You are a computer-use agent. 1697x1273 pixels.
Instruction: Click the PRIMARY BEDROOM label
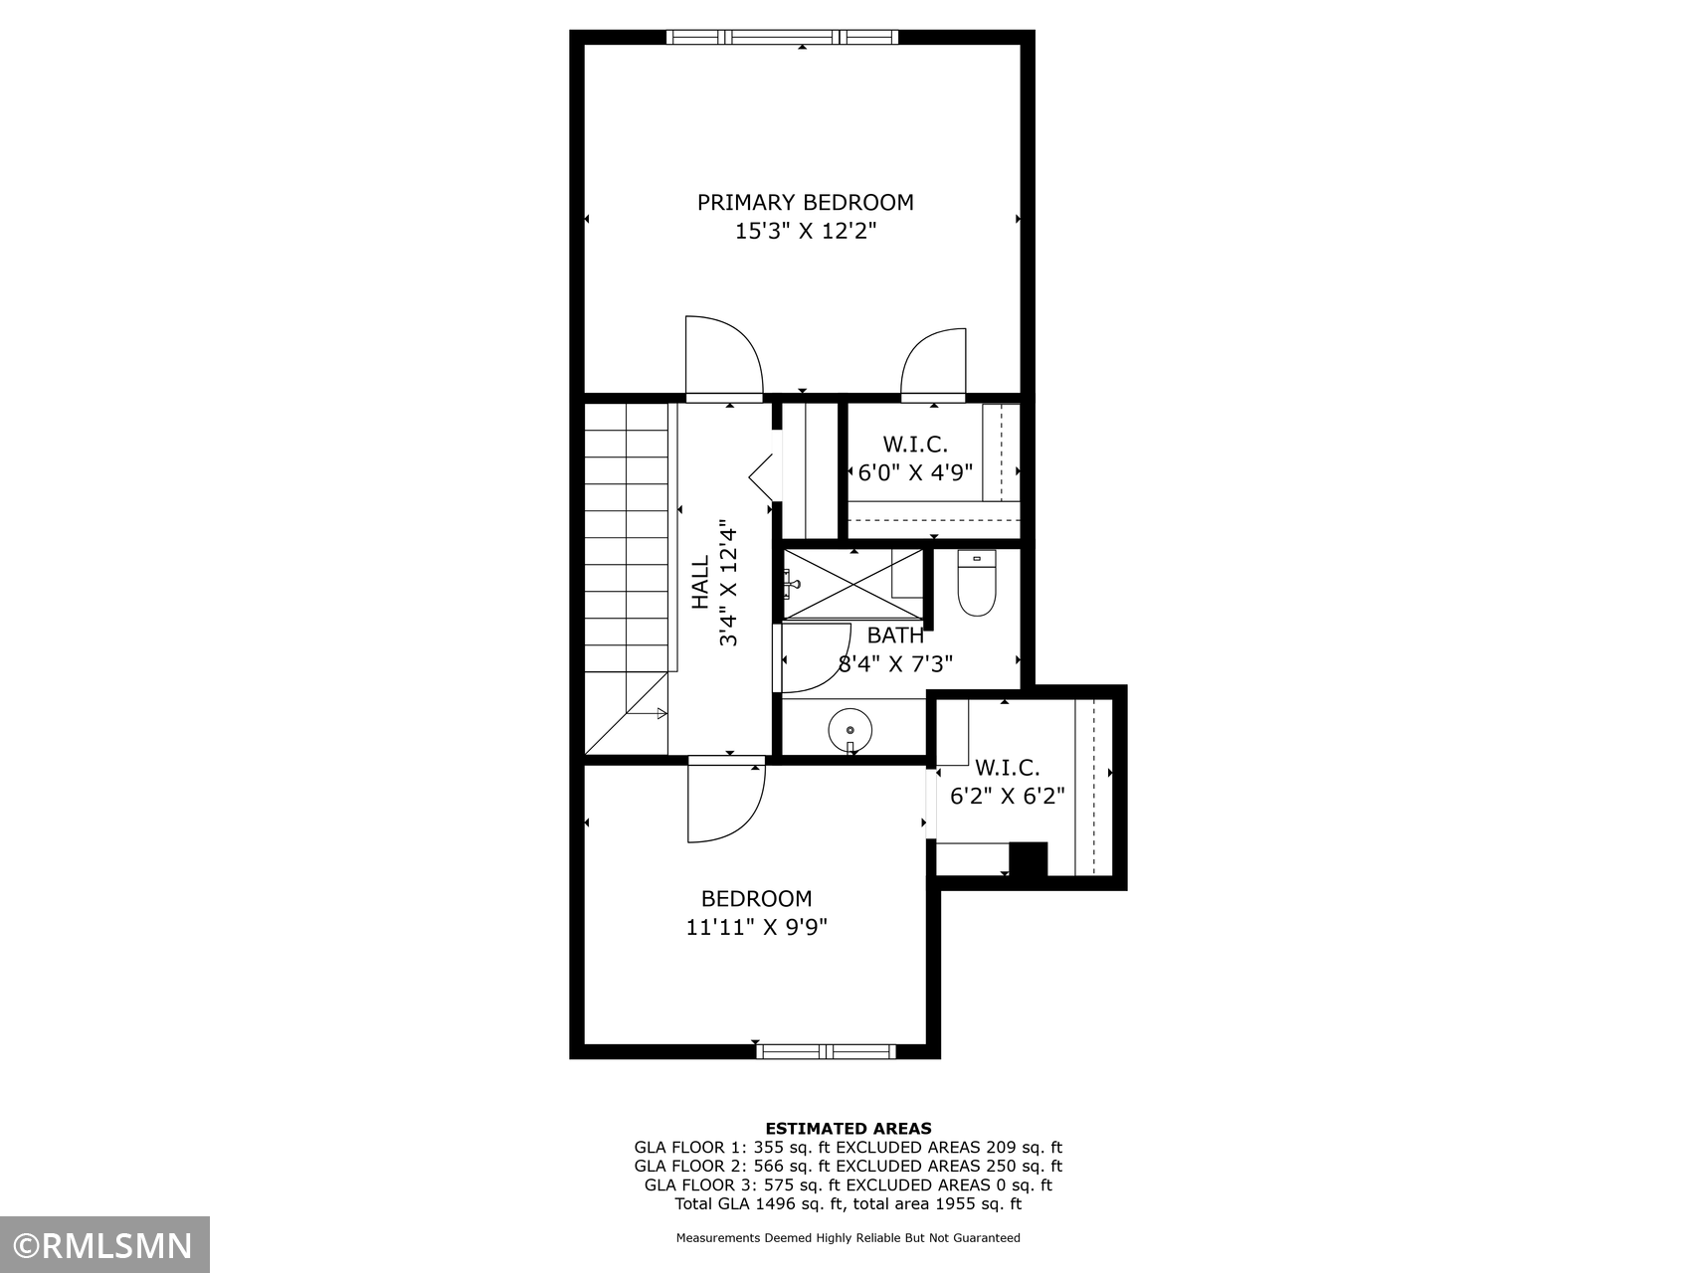click(x=805, y=203)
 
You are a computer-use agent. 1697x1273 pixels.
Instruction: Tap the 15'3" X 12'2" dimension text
click(x=805, y=232)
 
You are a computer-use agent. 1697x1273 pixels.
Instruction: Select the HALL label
click(x=701, y=583)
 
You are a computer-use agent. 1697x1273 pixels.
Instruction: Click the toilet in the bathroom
click(x=977, y=583)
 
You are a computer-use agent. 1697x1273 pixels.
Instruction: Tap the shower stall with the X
click(x=852, y=583)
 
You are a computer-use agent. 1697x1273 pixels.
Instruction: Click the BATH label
click(x=895, y=636)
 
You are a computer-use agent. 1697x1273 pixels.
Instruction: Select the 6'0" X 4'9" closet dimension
click(x=915, y=472)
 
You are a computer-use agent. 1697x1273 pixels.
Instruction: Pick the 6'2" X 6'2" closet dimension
click(x=1008, y=797)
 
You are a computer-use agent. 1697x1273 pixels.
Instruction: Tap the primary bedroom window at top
click(x=782, y=38)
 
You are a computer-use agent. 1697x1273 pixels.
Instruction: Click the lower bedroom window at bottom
click(x=826, y=1051)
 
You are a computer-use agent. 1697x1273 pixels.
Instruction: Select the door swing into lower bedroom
click(x=727, y=801)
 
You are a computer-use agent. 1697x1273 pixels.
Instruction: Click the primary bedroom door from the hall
click(x=723, y=357)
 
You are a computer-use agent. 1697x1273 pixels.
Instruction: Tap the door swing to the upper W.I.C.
click(x=933, y=363)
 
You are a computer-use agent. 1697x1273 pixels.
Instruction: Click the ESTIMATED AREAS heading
click(x=848, y=1129)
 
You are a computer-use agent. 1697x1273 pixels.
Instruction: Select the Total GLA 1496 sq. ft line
click(x=848, y=1204)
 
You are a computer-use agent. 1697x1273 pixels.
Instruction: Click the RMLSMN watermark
click(x=104, y=1245)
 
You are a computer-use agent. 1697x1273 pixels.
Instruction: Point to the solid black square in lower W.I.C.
click(x=1029, y=859)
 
